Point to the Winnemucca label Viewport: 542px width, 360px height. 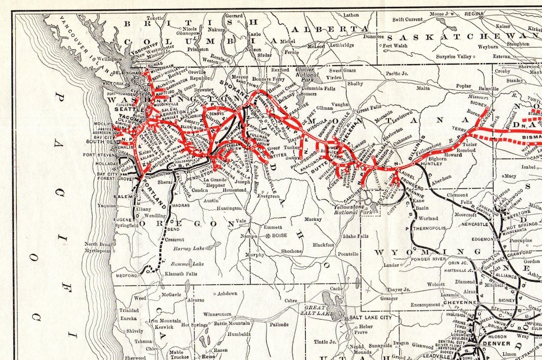coord(219,314)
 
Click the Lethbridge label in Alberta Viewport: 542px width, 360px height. coord(339,45)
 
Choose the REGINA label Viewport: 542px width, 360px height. coord(474,15)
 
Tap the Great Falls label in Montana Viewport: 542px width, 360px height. coord(369,108)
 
